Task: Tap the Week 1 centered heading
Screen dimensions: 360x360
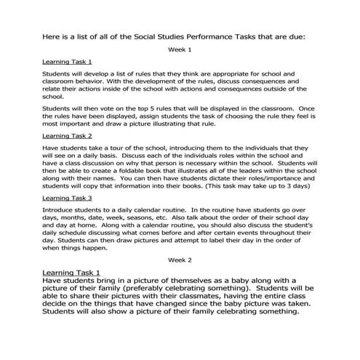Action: click(180, 49)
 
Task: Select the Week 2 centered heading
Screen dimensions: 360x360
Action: click(180, 260)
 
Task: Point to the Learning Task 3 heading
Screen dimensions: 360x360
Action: click(67, 198)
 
